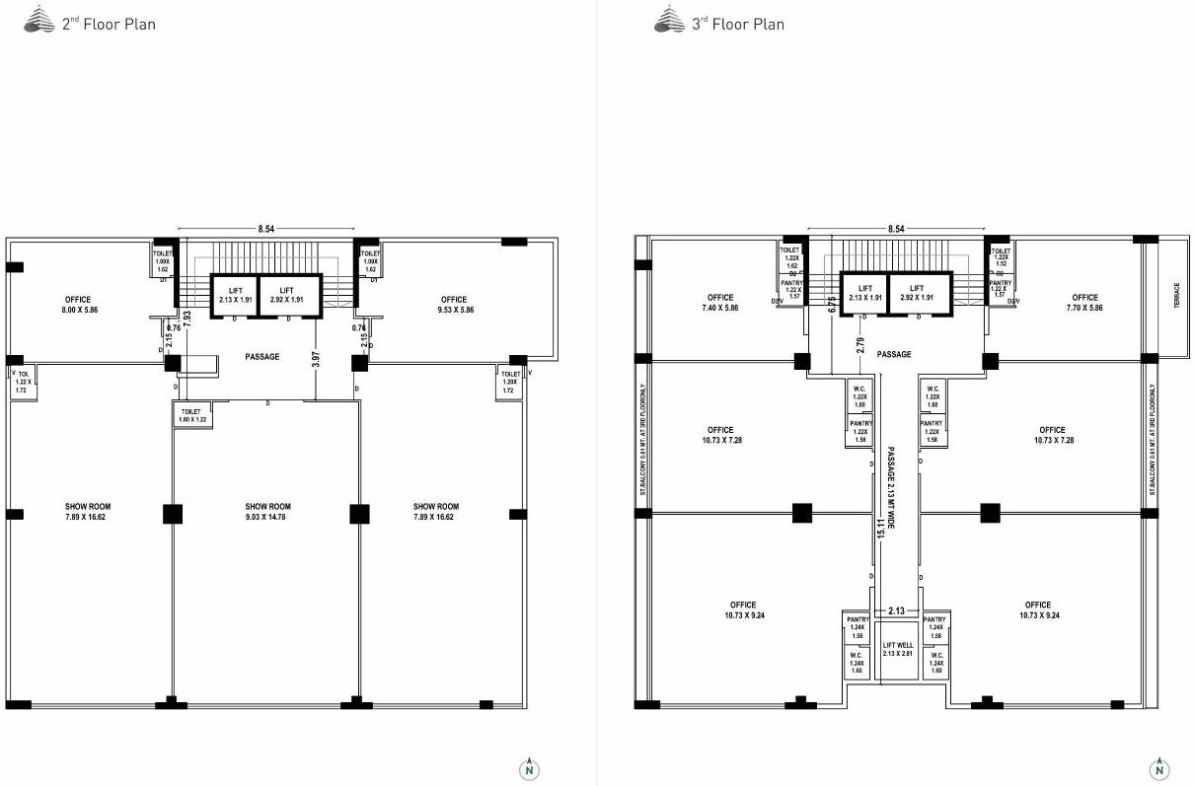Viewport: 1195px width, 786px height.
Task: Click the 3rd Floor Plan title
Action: (737, 24)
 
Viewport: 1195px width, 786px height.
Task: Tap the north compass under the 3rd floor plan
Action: (1159, 769)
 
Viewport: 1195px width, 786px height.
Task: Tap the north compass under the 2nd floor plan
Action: (530, 769)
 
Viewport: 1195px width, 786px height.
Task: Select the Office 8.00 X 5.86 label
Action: (78, 305)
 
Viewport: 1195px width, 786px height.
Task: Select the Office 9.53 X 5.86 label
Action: (454, 305)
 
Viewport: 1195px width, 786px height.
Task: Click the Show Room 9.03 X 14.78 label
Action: (267, 511)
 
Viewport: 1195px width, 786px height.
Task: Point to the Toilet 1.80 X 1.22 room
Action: (191, 415)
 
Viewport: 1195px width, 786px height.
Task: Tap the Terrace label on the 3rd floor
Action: (1175, 297)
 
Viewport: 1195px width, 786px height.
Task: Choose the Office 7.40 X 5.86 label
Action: (720, 303)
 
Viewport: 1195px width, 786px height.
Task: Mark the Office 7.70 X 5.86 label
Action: (1084, 303)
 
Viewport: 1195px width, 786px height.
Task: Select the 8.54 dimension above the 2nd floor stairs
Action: (266, 229)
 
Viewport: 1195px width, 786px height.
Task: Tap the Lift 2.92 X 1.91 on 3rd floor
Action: (917, 293)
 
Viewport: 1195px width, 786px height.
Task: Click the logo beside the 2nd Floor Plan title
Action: (38, 20)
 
